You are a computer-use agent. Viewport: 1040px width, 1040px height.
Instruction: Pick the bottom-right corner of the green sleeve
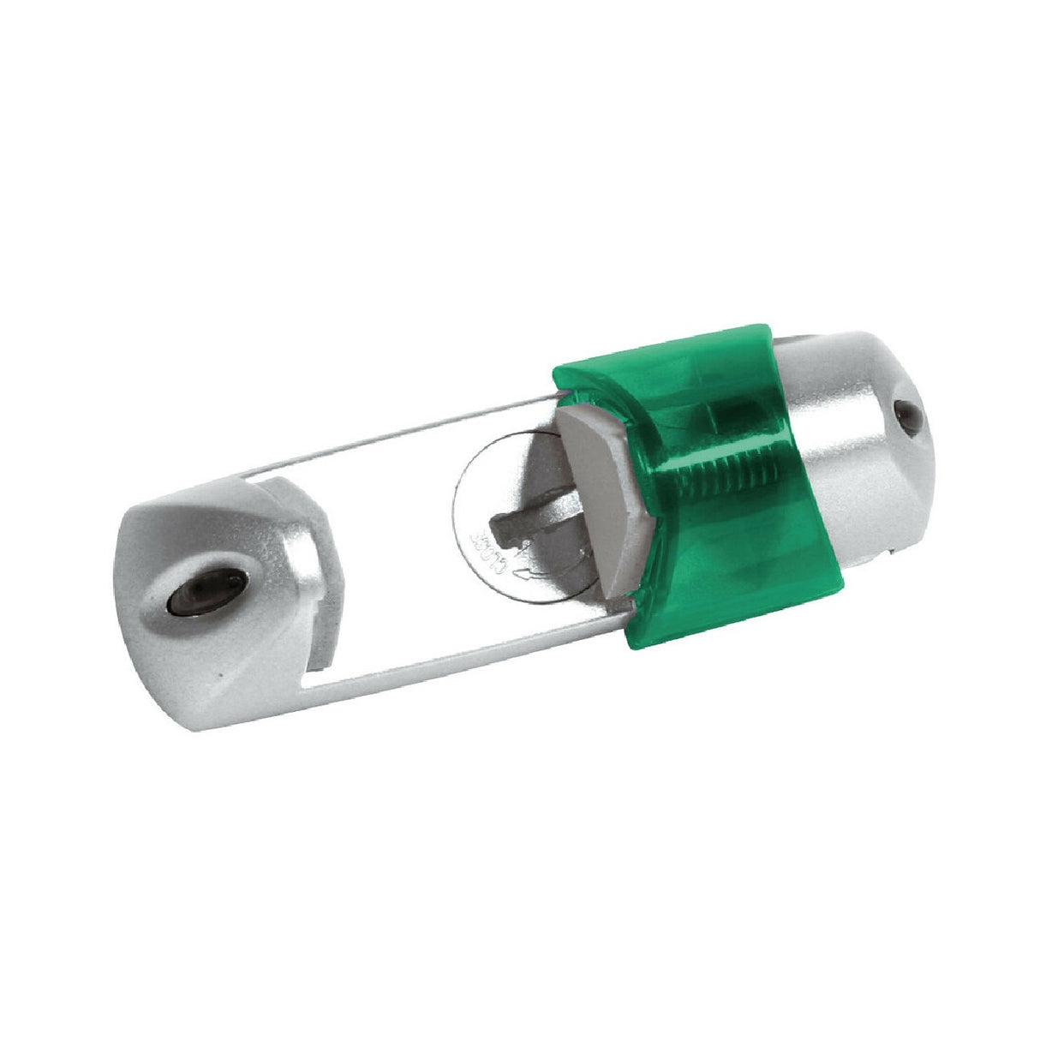pyautogui.click(x=844, y=591)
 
